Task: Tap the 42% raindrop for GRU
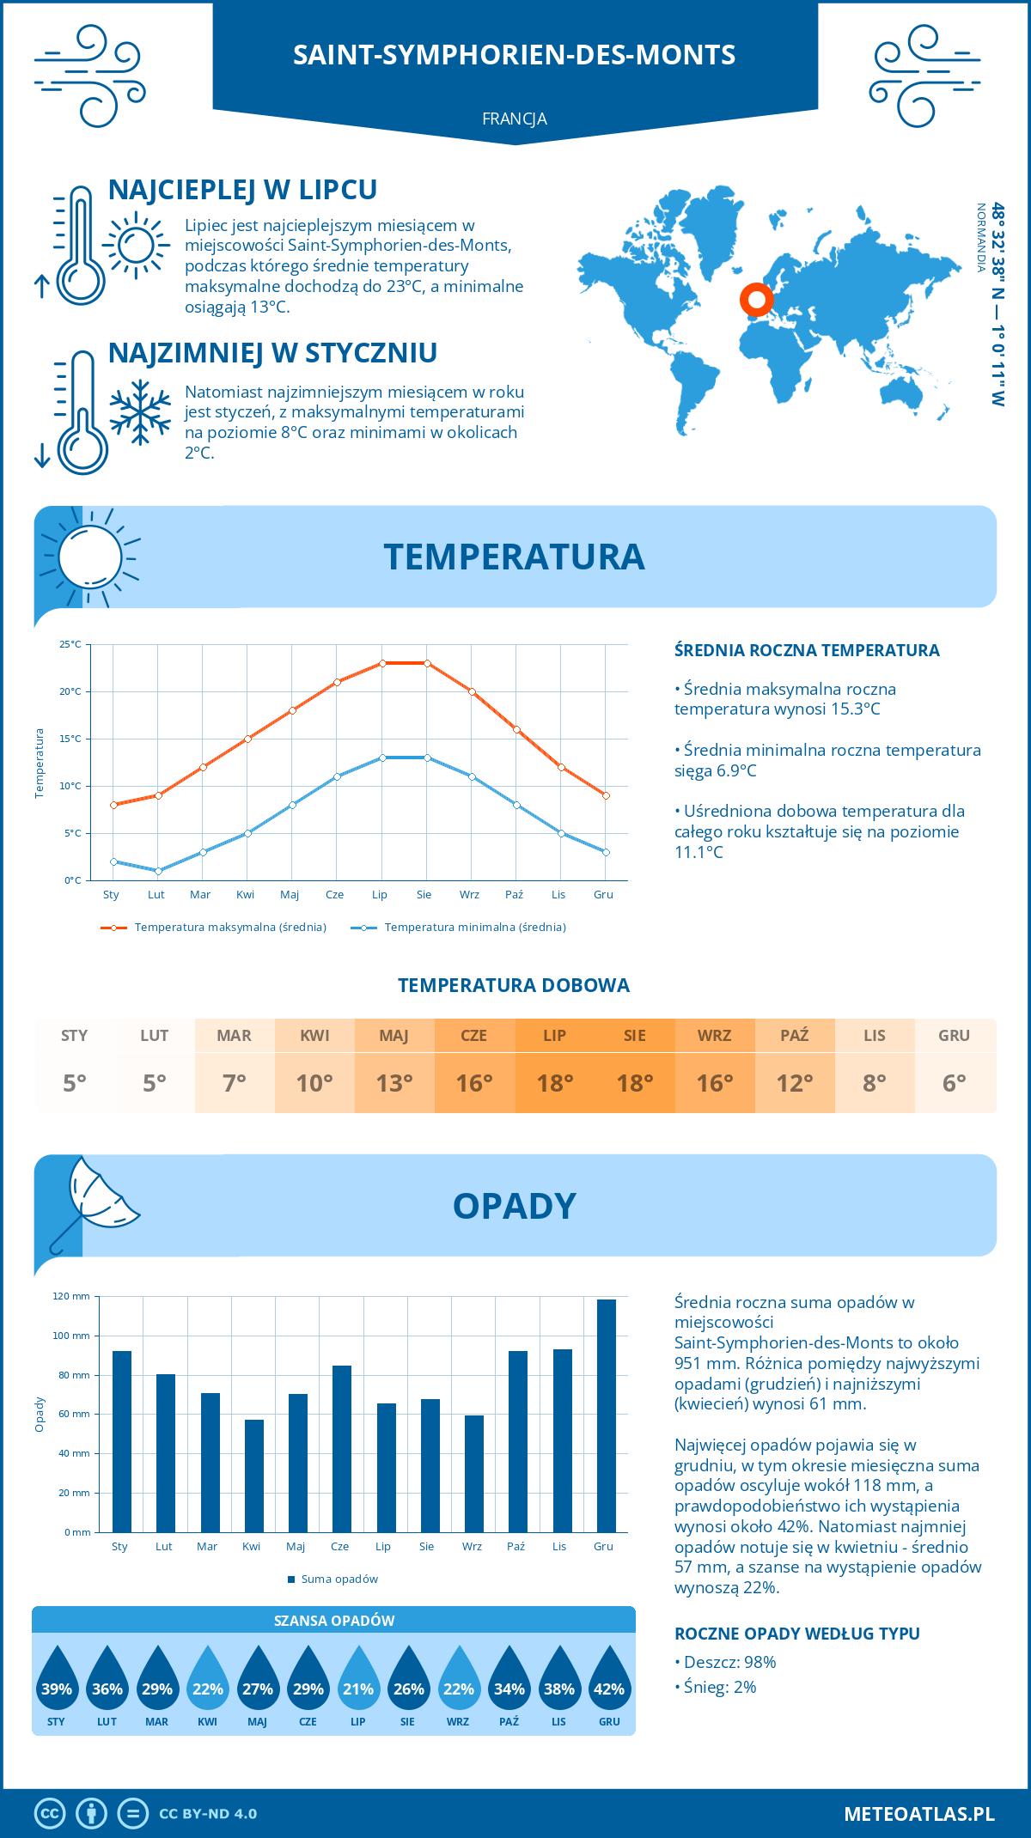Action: click(x=609, y=1679)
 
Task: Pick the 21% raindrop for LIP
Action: click(x=358, y=1679)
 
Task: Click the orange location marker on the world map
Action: click(x=757, y=300)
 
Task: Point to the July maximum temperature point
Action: click(x=382, y=663)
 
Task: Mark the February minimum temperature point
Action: click(x=158, y=871)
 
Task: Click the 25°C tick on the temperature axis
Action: click(x=70, y=644)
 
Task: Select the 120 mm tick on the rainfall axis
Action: click(x=71, y=1296)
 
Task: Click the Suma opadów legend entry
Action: click(x=339, y=1579)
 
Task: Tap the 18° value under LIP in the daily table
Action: click(x=554, y=1083)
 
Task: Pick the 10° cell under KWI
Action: click(x=314, y=1083)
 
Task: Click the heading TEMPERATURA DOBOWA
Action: click(x=514, y=985)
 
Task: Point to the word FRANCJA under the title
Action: click(x=515, y=119)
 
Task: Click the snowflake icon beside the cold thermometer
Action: click(x=140, y=412)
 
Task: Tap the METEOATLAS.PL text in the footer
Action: click(x=919, y=1814)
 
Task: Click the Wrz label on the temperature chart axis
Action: click(x=469, y=895)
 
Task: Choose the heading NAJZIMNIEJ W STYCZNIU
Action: click(x=272, y=353)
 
